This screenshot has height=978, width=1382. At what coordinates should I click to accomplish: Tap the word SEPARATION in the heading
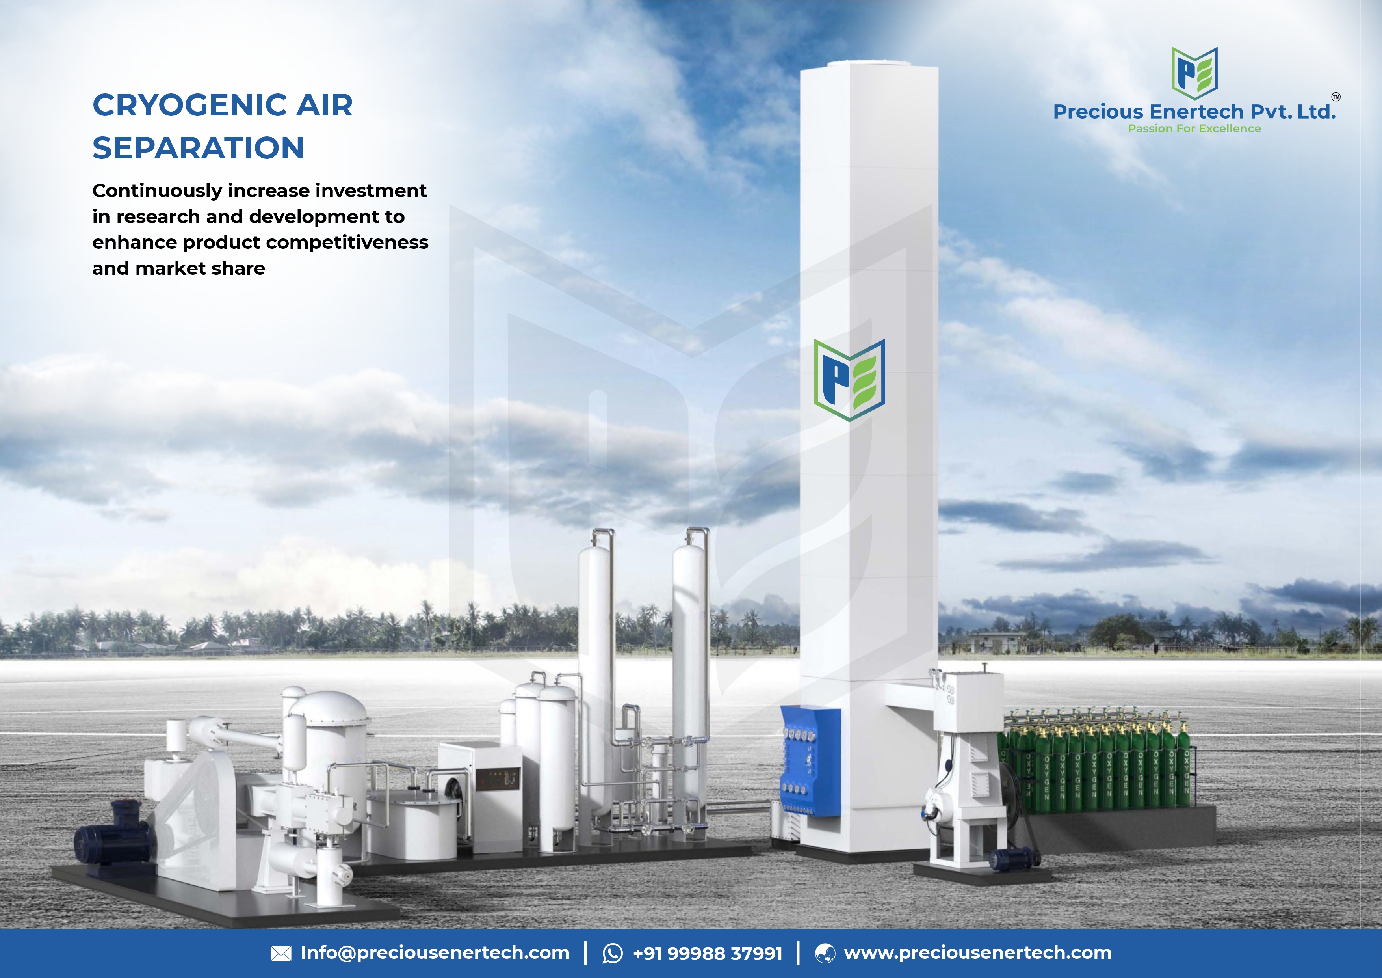coord(198,148)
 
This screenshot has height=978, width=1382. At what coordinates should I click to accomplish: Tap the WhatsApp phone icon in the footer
coord(613,953)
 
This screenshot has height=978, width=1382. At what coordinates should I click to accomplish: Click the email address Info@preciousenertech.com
coord(435,953)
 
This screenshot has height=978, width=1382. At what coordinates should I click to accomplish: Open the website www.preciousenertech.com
coord(977,953)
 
